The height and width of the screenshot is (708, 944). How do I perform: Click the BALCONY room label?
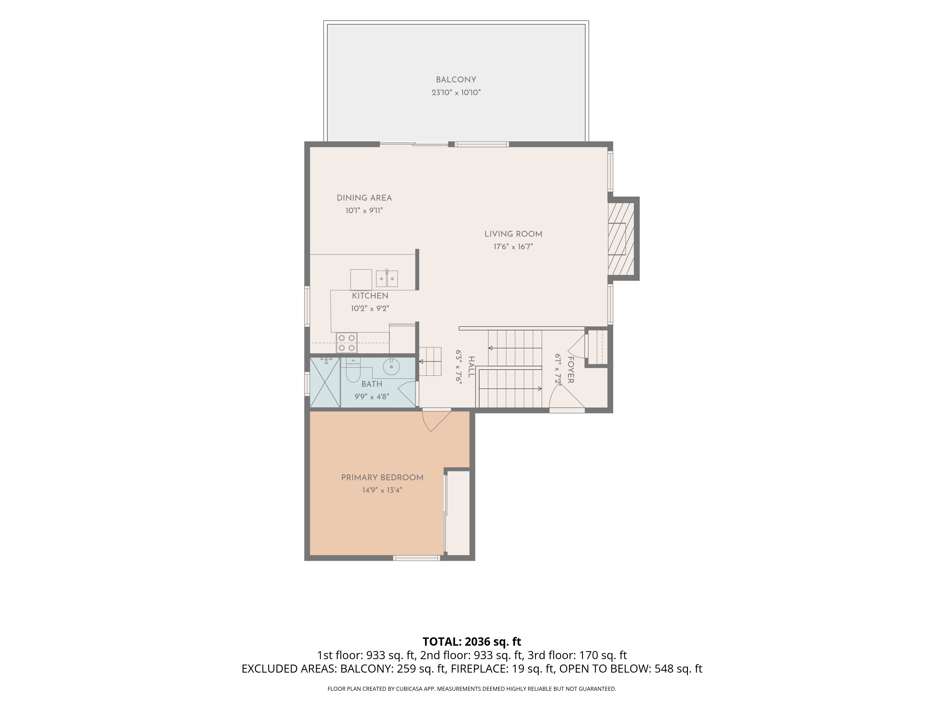point(456,80)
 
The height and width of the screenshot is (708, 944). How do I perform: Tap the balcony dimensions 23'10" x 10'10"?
point(456,93)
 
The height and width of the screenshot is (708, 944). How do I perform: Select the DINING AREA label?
point(364,198)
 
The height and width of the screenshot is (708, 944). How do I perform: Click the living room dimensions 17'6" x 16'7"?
point(513,247)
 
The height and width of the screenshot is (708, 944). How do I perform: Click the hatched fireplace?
point(621,239)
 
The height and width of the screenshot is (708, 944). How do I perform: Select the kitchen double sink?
point(387,278)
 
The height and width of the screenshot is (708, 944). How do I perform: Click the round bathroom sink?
point(391,367)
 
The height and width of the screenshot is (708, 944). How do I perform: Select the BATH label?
point(372,384)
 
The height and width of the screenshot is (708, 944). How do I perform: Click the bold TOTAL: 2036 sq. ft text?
point(472,642)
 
